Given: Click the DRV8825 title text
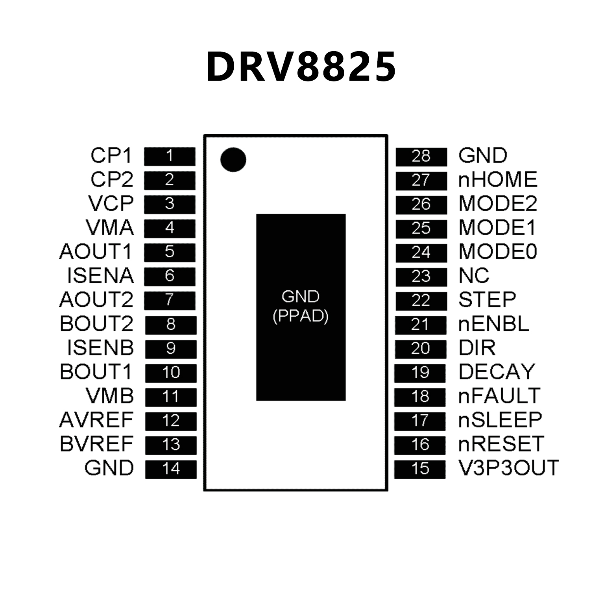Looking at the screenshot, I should (301, 67).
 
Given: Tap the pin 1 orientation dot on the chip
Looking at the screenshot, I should (233, 160).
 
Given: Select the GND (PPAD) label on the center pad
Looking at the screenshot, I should (301, 307).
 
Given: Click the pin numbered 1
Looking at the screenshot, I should (170, 156).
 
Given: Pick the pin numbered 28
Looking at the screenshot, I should (421, 157).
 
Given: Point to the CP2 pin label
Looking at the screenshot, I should (112, 180).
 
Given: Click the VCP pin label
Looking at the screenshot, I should (111, 204).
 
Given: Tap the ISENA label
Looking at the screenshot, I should (100, 276).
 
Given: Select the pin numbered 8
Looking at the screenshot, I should (171, 325).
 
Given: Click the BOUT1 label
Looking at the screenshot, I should (96, 372).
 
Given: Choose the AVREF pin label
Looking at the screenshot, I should (96, 420).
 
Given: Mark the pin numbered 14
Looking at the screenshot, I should (171, 469).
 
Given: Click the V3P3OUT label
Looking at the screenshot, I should (508, 468).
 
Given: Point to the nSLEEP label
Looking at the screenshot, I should (500, 420).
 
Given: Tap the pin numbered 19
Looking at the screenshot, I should (420, 372).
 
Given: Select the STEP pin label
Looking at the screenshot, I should (487, 300).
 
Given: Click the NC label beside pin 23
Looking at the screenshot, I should (474, 276).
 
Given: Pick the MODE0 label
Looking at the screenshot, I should (498, 252).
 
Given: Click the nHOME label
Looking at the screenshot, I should (498, 180).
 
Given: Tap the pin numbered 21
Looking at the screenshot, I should (420, 325).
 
